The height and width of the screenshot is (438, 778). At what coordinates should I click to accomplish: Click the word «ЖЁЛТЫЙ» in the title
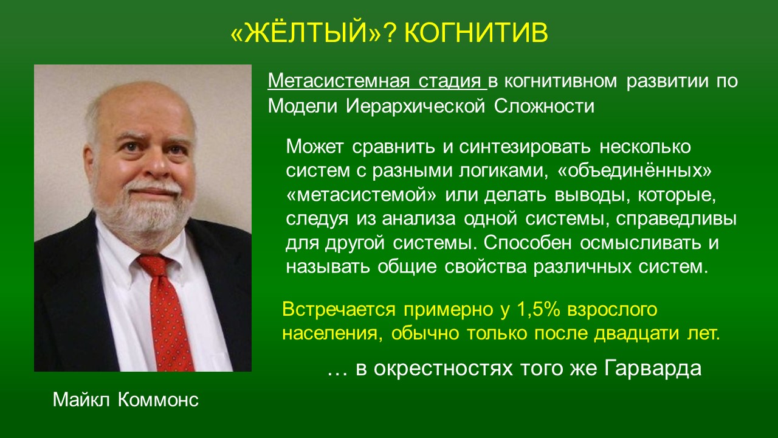pyautogui.click(x=306, y=32)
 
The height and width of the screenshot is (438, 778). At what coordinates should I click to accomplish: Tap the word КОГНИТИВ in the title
pyautogui.click(x=476, y=33)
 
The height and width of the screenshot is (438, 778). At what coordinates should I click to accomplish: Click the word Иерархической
pyautogui.click(x=415, y=106)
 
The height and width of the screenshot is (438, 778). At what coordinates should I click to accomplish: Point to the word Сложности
pyautogui.click(x=544, y=106)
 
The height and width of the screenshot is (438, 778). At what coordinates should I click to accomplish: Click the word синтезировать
pyautogui.click(x=525, y=147)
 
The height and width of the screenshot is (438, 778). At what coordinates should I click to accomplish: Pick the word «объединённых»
pyautogui.click(x=634, y=171)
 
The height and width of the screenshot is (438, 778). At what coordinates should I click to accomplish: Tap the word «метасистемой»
pyautogui.click(x=361, y=195)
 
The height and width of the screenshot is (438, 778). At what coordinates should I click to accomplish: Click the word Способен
pyautogui.click(x=528, y=243)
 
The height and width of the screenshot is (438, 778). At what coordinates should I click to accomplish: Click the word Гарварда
pyautogui.click(x=653, y=369)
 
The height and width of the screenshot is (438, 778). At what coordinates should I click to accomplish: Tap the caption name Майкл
pyautogui.click(x=81, y=400)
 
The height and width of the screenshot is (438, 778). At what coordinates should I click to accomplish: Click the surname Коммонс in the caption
pyautogui.click(x=158, y=400)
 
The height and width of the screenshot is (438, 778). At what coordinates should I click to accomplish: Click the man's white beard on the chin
pyautogui.click(x=146, y=215)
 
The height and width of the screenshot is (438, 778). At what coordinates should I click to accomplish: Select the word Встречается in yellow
pyautogui.click(x=339, y=310)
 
